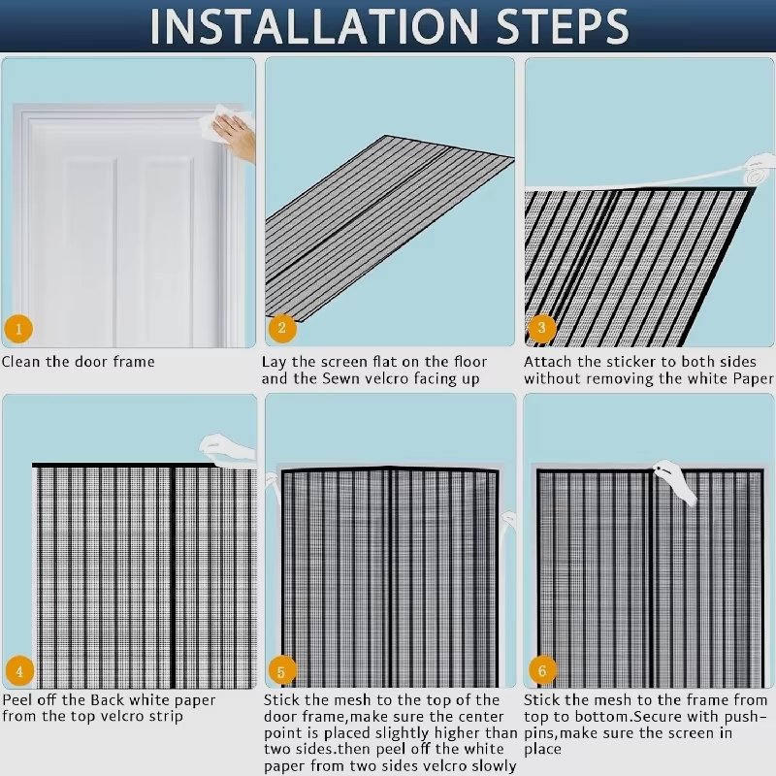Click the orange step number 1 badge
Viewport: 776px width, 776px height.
[x=18, y=329]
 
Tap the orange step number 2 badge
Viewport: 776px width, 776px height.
[x=282, y=328]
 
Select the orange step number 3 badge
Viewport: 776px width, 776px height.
[x=541, y=327]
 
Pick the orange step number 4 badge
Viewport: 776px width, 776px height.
[x=19, y=671]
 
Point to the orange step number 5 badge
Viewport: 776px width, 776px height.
[x=281, y=671]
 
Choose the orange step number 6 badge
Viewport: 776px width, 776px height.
[x=542, y=670]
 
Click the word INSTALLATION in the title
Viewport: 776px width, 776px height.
[x=313, y=26]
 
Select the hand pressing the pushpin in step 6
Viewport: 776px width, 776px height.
[x=675, y=481]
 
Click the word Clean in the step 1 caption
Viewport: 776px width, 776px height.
[x=20, y=362]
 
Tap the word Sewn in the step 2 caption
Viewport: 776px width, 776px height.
[x=341, y=378]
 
